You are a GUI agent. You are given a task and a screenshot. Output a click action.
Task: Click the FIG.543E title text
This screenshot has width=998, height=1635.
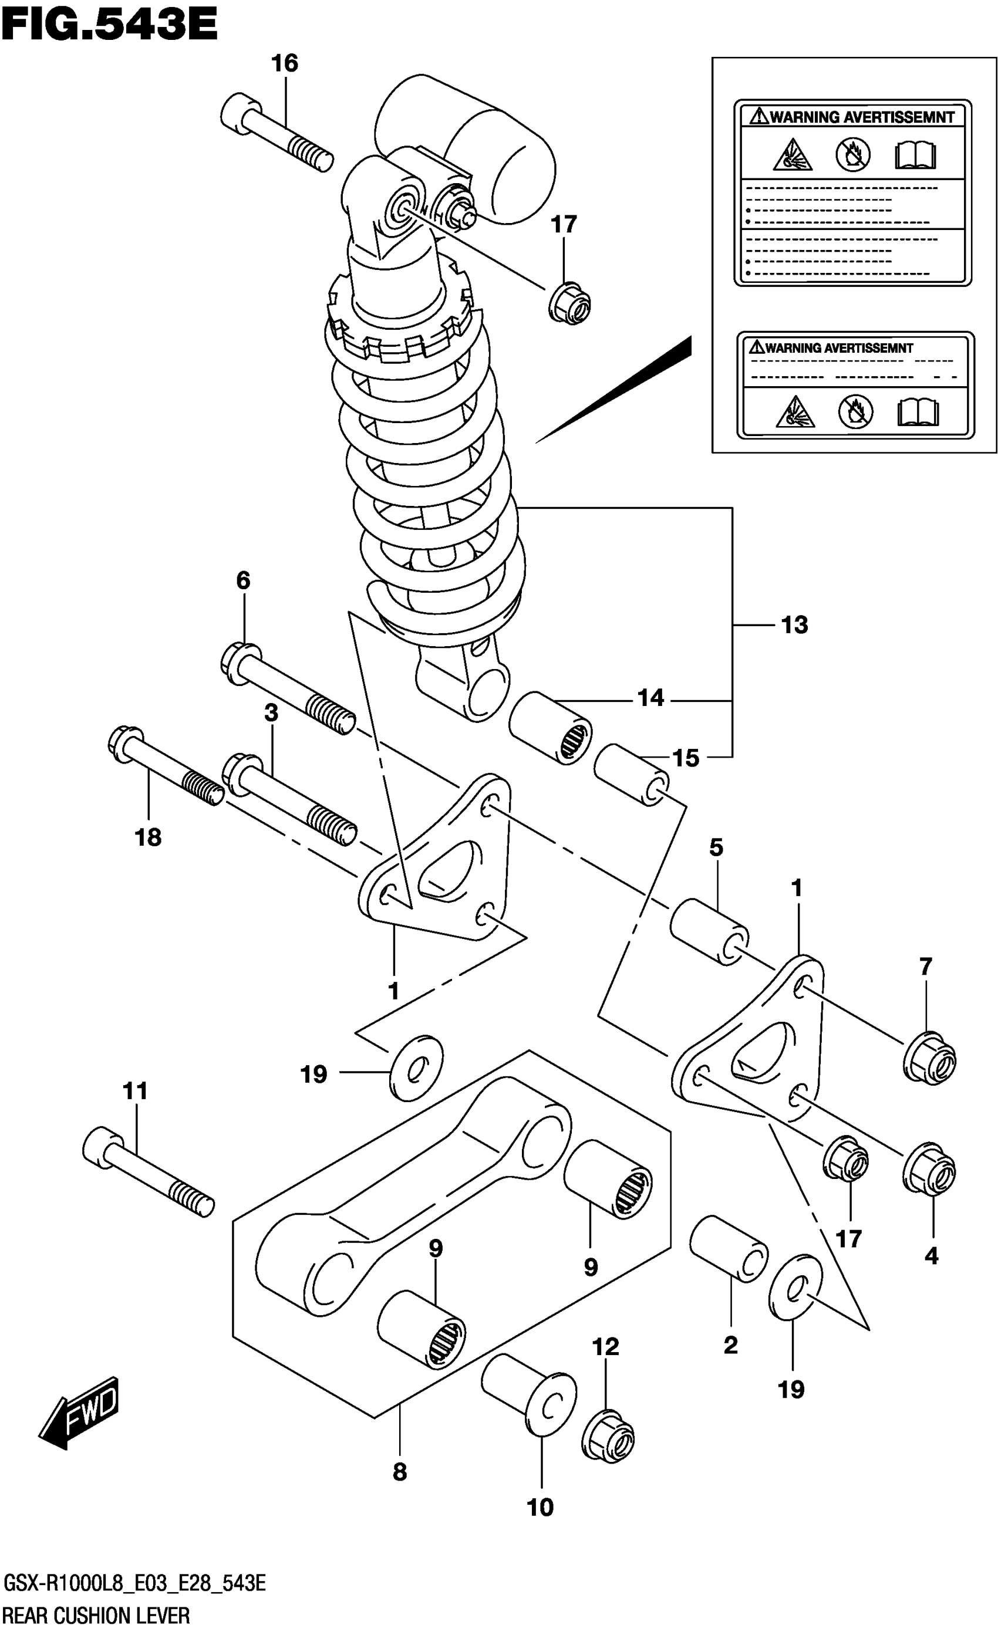pos(110,25)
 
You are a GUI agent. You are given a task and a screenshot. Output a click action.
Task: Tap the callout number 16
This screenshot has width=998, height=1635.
pos(284,64)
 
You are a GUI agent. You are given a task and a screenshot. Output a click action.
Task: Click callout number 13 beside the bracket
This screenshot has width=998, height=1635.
pos(794,625)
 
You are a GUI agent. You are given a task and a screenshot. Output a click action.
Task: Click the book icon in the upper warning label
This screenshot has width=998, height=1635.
pos(915,156)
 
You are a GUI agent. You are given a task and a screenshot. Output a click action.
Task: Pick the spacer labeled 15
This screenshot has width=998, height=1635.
pos(631,775)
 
